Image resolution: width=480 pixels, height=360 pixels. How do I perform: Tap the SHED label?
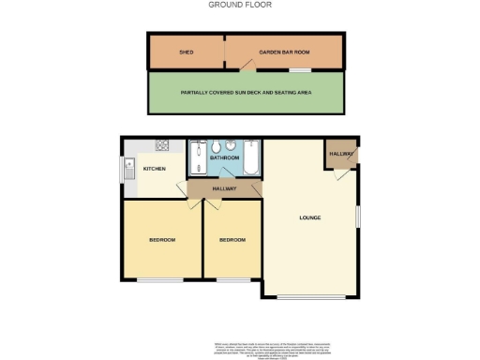(186, 52)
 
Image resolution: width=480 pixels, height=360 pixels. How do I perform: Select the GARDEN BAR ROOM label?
(284, 52)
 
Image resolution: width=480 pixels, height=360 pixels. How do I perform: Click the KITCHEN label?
(155, 169)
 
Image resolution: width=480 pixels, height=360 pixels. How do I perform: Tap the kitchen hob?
(161, 145)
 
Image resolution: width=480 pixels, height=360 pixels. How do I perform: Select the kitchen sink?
(128, 169)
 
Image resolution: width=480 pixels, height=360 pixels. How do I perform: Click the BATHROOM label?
(225, 157)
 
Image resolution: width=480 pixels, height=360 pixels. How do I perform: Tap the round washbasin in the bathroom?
(232, 146)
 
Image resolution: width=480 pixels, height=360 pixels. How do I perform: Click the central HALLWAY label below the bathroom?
(223, 189)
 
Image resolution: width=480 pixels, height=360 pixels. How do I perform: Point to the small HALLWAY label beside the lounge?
(340, 154)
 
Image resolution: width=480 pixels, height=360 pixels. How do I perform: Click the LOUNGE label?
(310, 217)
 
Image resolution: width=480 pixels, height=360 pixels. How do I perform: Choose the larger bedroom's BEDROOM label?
(162, 240)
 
